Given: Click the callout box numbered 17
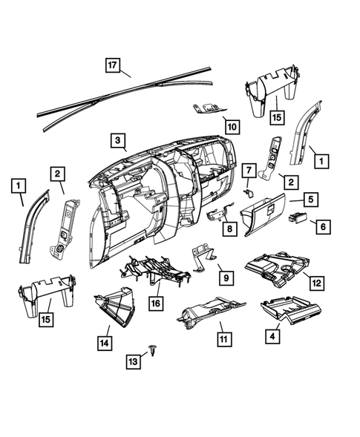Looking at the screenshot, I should [112, 64].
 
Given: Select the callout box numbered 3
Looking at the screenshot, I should [117, 139].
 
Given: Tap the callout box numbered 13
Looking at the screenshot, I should [134, 361].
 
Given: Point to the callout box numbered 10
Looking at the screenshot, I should [232, 126].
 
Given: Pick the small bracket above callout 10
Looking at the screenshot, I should [208, 108].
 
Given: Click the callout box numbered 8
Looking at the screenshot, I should [229, 230].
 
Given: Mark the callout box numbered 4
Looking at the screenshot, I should [274, 335].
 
